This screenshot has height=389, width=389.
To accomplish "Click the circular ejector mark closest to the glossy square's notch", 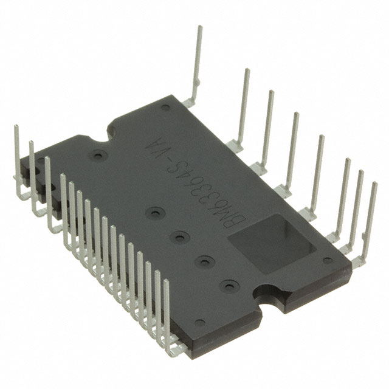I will [227, 284].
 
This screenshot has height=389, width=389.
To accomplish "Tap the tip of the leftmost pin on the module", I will [16, 128].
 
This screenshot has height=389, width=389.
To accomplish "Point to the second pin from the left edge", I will [31, 143].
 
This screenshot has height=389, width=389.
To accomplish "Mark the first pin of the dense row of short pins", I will [63, 177].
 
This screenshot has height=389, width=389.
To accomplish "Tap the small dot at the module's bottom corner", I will [199, 322].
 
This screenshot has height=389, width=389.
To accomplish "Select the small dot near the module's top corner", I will [165, 108].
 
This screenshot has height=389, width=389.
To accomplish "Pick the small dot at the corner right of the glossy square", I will [328, 260].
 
